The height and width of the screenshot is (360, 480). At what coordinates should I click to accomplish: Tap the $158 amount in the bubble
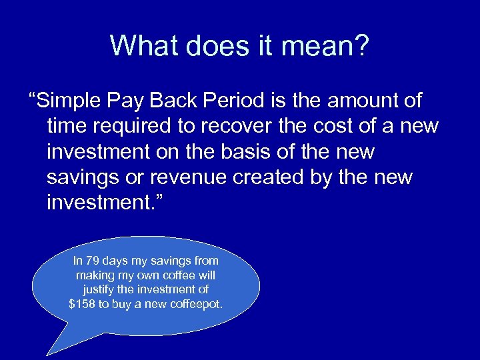point(82,303)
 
